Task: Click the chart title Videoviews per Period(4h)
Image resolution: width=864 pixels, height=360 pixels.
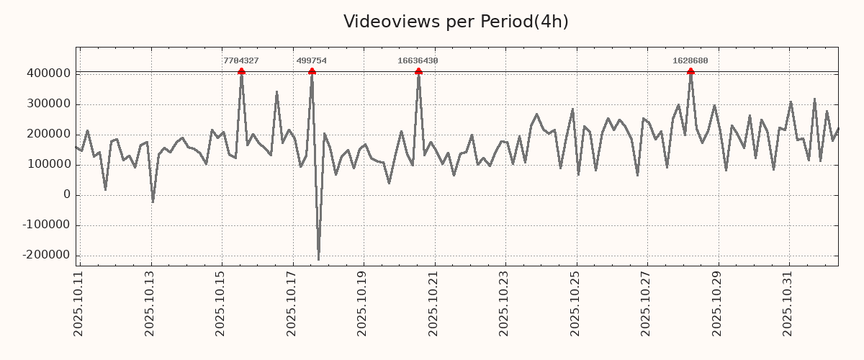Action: pyautogui.click(x=456, y=22)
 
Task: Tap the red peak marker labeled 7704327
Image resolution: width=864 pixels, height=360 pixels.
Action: pyautogui.click(x=241, y=71)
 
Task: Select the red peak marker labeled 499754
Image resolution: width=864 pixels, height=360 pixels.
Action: pyautogui.click(x=312, y=71)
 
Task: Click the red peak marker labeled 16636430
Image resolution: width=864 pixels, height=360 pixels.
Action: pyautogui.click(x=418, y=71)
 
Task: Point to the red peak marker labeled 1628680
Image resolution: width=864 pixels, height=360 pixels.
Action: pyautogui.click(x=690, y=71)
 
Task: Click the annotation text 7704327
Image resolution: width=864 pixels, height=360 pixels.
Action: pyautogui.click(x=241, y=60)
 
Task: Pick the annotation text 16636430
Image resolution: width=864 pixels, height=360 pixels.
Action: pyautogui.click(x=418, y=60)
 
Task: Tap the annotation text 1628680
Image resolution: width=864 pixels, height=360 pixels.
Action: pyautogui.click(x=690, y=60)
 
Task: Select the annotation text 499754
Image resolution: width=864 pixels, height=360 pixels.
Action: pyautogui.click(x=312, y=60)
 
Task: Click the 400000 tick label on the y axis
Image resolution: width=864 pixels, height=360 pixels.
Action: pyautogui.click(x=48, y=73)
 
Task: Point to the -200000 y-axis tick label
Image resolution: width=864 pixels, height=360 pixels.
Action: pyautogui.click(x=46, y=256)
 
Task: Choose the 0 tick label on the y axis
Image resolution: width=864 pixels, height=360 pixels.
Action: pyautogui.click(x=67, y=195)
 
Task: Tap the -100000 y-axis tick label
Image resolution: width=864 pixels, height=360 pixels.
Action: pyautogui.click(x=46, y=225)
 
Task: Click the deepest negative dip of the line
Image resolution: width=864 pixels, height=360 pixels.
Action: pyautogui.click(x=318, y=259)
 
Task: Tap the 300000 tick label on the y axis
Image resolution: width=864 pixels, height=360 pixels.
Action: pyautogui.click(x=48, y=104)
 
